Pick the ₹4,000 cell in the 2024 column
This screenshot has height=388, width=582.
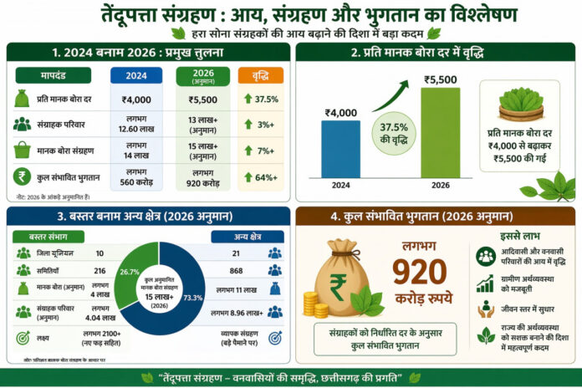pos(136,100)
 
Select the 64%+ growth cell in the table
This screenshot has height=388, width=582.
pos(261,176)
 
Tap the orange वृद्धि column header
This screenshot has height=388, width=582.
pos(261,75)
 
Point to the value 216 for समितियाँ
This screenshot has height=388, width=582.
pos(100,271)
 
